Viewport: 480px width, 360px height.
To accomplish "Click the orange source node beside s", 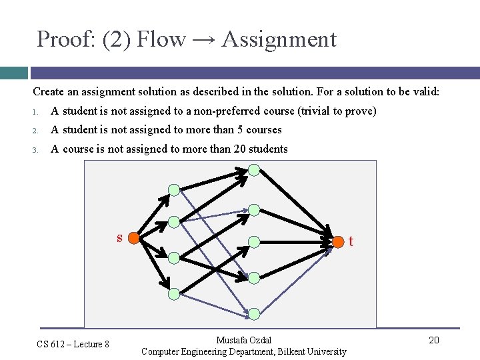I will coord(133,238).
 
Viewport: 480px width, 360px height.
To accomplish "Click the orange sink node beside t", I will coord(338,240).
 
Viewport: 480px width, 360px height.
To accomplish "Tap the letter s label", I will coord(119,237).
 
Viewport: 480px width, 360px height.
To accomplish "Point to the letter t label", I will coord(351,241).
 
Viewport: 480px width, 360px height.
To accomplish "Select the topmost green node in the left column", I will coord(174,190).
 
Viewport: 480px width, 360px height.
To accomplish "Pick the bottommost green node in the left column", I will coord(174,293).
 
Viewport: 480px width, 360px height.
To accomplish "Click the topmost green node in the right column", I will coord(254,169).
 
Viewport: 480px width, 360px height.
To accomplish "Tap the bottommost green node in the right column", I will coord(254,313).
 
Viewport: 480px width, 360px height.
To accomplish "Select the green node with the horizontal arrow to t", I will coord(254,241).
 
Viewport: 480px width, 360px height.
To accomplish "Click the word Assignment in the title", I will coord(279,39).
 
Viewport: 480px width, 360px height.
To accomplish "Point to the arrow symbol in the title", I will coord(203,40).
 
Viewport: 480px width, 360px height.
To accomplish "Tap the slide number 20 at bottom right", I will coord(433,341).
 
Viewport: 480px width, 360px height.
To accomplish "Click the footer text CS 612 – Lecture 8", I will coord(73,344).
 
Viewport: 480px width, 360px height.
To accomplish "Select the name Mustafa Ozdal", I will coord(244,340).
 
